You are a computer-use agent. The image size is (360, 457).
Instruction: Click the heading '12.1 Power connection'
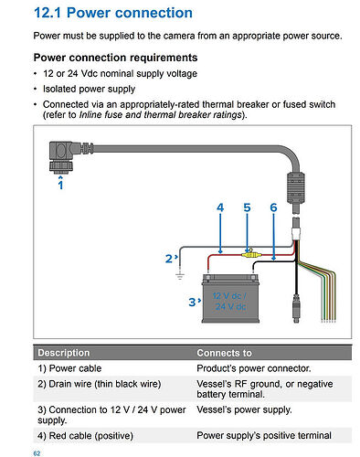pyautogui.click(x=113, y=13)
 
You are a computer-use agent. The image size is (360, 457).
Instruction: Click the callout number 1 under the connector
pyautogui.click(x=60, y=185)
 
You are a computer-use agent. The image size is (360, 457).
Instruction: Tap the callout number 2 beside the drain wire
pyautogui.click(x=169, y=259)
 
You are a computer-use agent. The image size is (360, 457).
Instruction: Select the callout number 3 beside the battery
pyautogui.click(x=192, y=302)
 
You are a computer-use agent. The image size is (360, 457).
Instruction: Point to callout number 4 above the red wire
pyautogui.click(x=220, y=207)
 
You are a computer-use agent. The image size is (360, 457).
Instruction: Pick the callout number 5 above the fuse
pyautogui.click(x=247, y=207)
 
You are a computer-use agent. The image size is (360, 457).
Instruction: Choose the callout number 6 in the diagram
pyautogui.click(x=273, y=207)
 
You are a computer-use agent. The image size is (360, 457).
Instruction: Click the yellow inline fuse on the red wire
pyautogui.click(x=250, y=253)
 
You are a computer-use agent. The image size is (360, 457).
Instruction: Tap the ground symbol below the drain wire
pyautogui.click(x=180, y=276)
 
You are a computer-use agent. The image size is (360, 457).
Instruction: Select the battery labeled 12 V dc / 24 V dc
pyautogui.click(x=230, y=298)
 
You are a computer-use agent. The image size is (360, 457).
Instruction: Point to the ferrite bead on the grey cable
pyautogui.click(x=296, y=187)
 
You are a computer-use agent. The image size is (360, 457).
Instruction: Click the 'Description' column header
pyautogui.click(x=64, y=353)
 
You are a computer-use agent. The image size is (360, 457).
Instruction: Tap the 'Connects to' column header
pyautogui.click(x=224, y=353)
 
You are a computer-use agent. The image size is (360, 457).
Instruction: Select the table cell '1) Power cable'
pyautogui.click(x=69, y=368)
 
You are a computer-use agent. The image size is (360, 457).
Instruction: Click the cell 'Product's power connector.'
pyautogui.click(x=254, y=368)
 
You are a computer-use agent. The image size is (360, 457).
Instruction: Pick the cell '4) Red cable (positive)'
pyautogui.click(x=85, y=436)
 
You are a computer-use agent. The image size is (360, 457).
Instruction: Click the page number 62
pyautogui.click(x=37, y=453)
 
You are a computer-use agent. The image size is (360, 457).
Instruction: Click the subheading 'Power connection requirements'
pyautogui.click(x=115, y=58)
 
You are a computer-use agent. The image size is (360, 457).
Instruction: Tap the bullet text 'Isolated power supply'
pyautogui.click(x=89, y=89)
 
